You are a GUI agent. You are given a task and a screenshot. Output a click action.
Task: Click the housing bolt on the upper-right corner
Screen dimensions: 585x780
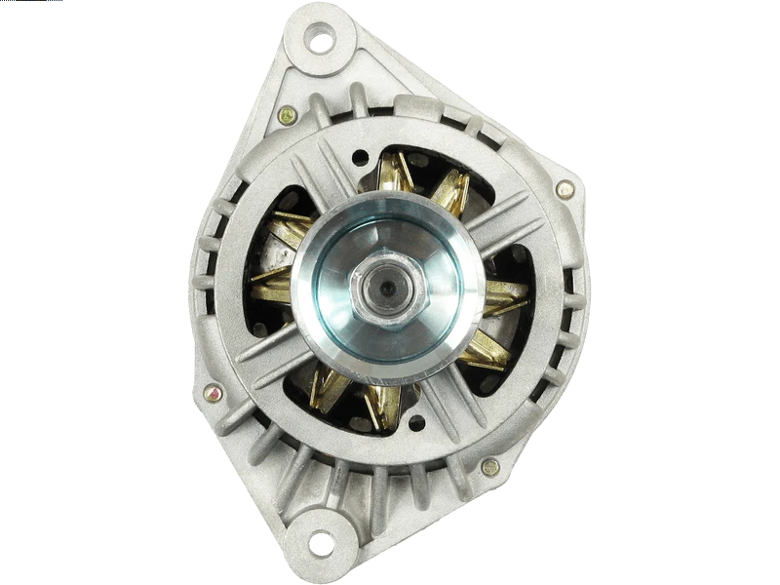pos(564,188)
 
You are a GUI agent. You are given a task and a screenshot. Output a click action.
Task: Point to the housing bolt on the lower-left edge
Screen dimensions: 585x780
pos(207,393)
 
